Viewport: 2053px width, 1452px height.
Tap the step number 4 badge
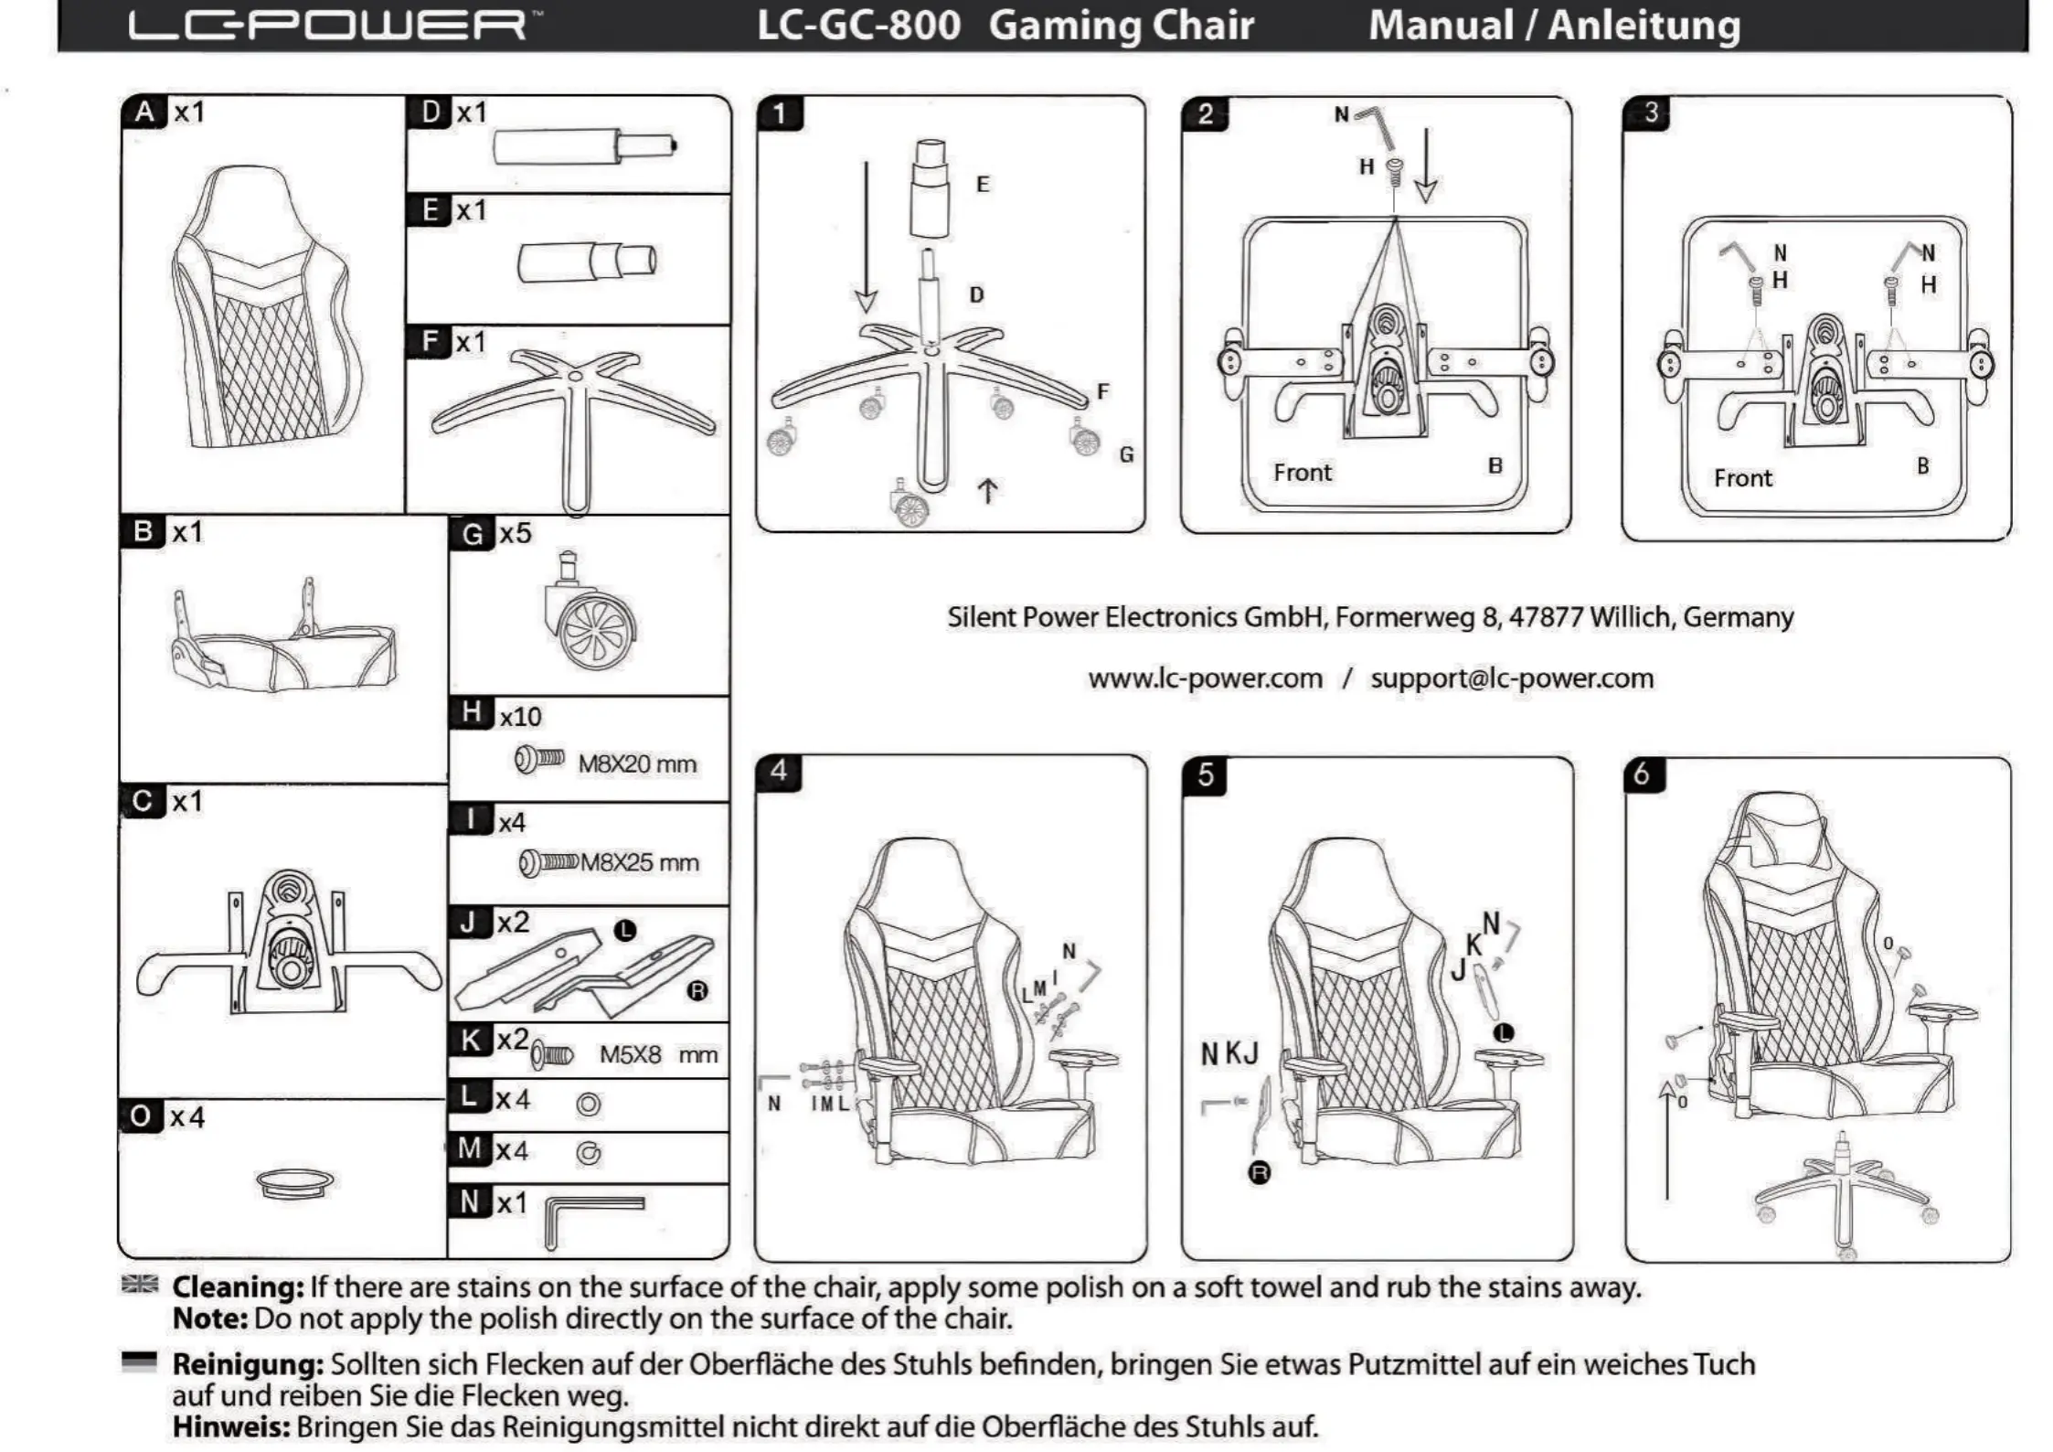click(x=778, y=771)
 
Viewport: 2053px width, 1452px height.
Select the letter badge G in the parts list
click(x=472, y=533)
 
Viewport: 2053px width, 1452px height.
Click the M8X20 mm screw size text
click(x=637, y=764)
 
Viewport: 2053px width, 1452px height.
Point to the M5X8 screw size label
click(x=658, y=1055)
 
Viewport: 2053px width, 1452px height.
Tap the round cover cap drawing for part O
click(x=294, y=1182)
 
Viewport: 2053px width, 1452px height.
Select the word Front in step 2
click(x=1303, y=473)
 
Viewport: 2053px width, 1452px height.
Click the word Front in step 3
click(x=1742, y=478)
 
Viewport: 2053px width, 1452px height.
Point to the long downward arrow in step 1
click(x=866, y=238)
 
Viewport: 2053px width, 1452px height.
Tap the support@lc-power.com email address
click(x=1512, y=678)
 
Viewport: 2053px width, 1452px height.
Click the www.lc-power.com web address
click(x=1205, y=678)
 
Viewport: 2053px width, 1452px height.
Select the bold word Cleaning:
click(x=238, y=1287)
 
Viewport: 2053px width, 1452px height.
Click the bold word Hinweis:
click(x=231, y=1426)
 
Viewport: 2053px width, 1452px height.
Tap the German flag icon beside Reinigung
click(x=139, y=1362)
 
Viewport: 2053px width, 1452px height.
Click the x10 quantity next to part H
click(x=520, y=717)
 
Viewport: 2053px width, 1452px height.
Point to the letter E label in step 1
click(x=983, y=184)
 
